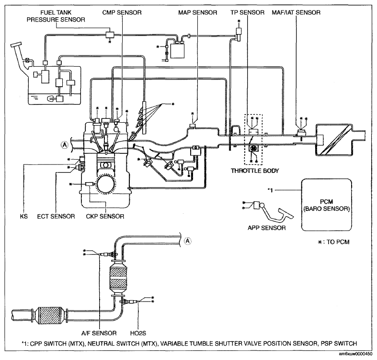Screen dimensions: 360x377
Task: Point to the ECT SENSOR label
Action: coord(57,216)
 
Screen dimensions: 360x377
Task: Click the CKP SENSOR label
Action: coord(106,216)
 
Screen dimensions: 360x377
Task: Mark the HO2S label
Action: coord(138,333)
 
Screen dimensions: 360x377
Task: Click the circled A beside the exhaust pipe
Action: coord(188,240)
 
